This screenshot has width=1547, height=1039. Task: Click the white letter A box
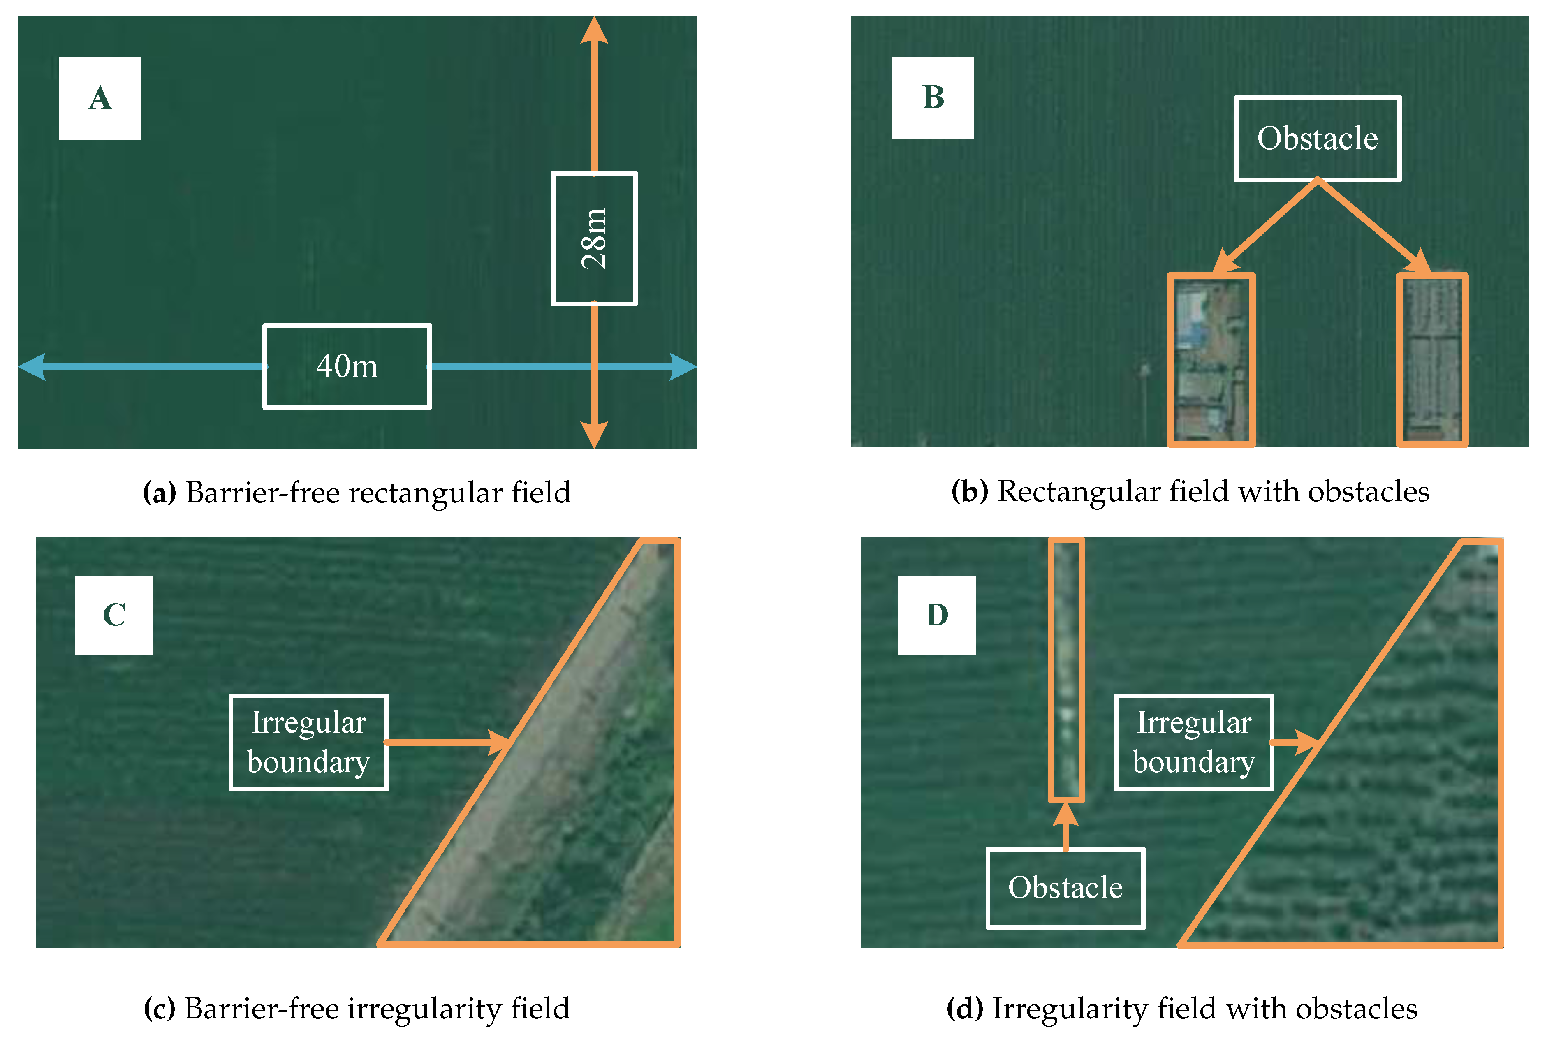100,98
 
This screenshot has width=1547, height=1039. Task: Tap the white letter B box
932,97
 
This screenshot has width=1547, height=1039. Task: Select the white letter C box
114,615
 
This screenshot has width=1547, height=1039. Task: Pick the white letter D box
936,615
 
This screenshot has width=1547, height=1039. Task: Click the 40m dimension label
347,366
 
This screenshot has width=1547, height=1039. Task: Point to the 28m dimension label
594,238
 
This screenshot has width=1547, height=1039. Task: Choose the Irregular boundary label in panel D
1193,742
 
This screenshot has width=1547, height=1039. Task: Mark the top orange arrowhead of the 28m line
594,32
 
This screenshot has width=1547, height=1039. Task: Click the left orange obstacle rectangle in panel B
1211,360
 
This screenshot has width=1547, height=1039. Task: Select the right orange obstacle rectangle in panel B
1432,360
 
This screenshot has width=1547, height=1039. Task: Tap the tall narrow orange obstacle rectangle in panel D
1065,669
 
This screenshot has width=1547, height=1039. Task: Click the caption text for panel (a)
357,492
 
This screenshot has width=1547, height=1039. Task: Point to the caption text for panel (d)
1181,1008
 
